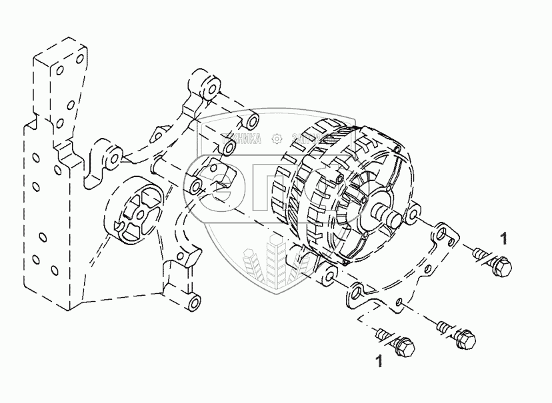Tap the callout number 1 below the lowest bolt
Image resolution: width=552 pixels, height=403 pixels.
tap(379, 362)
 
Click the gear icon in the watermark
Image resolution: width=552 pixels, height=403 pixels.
tap(275, 138)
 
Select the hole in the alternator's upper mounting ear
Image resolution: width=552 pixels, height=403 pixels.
tap(413, 214)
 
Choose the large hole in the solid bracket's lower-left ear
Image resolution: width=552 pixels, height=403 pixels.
tap(357, 291)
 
